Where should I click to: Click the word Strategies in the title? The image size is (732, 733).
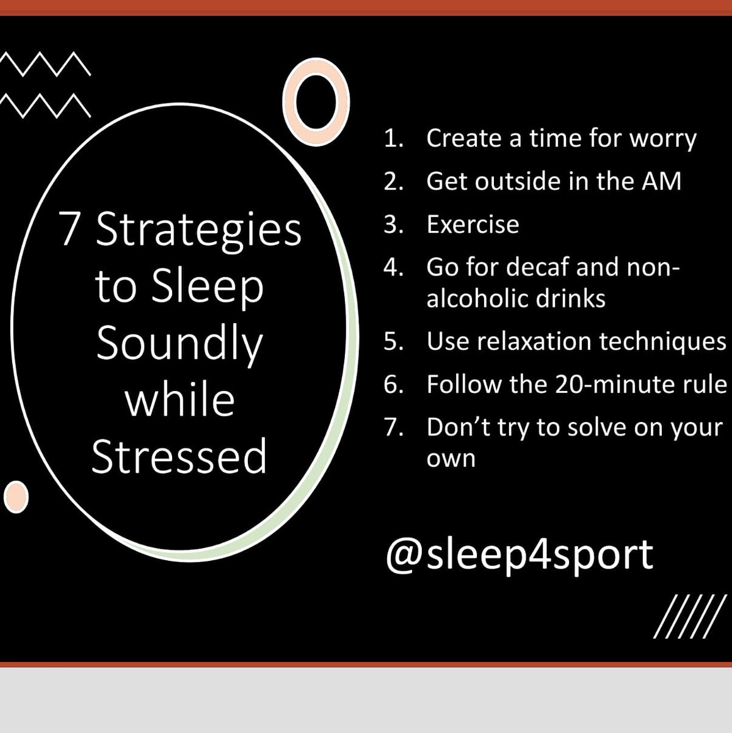pyautogui.click(x=198, y=230)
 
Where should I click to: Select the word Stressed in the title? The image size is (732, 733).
pyautogui.click(x=179, y=456)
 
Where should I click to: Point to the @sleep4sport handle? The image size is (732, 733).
pyautogui.click(x=519, y=554)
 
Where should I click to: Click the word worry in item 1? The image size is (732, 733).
pyautogui.click(x=662, y=139)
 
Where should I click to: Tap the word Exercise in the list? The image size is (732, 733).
pyautogui.click(x=473, y=225)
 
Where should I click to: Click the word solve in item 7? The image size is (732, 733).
pyautogui.click(x=593, y=428)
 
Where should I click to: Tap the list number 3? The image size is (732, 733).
pyautogui.click(x=393, y=225)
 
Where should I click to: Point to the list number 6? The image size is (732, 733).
pyautogui.click(x=393, y=385)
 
